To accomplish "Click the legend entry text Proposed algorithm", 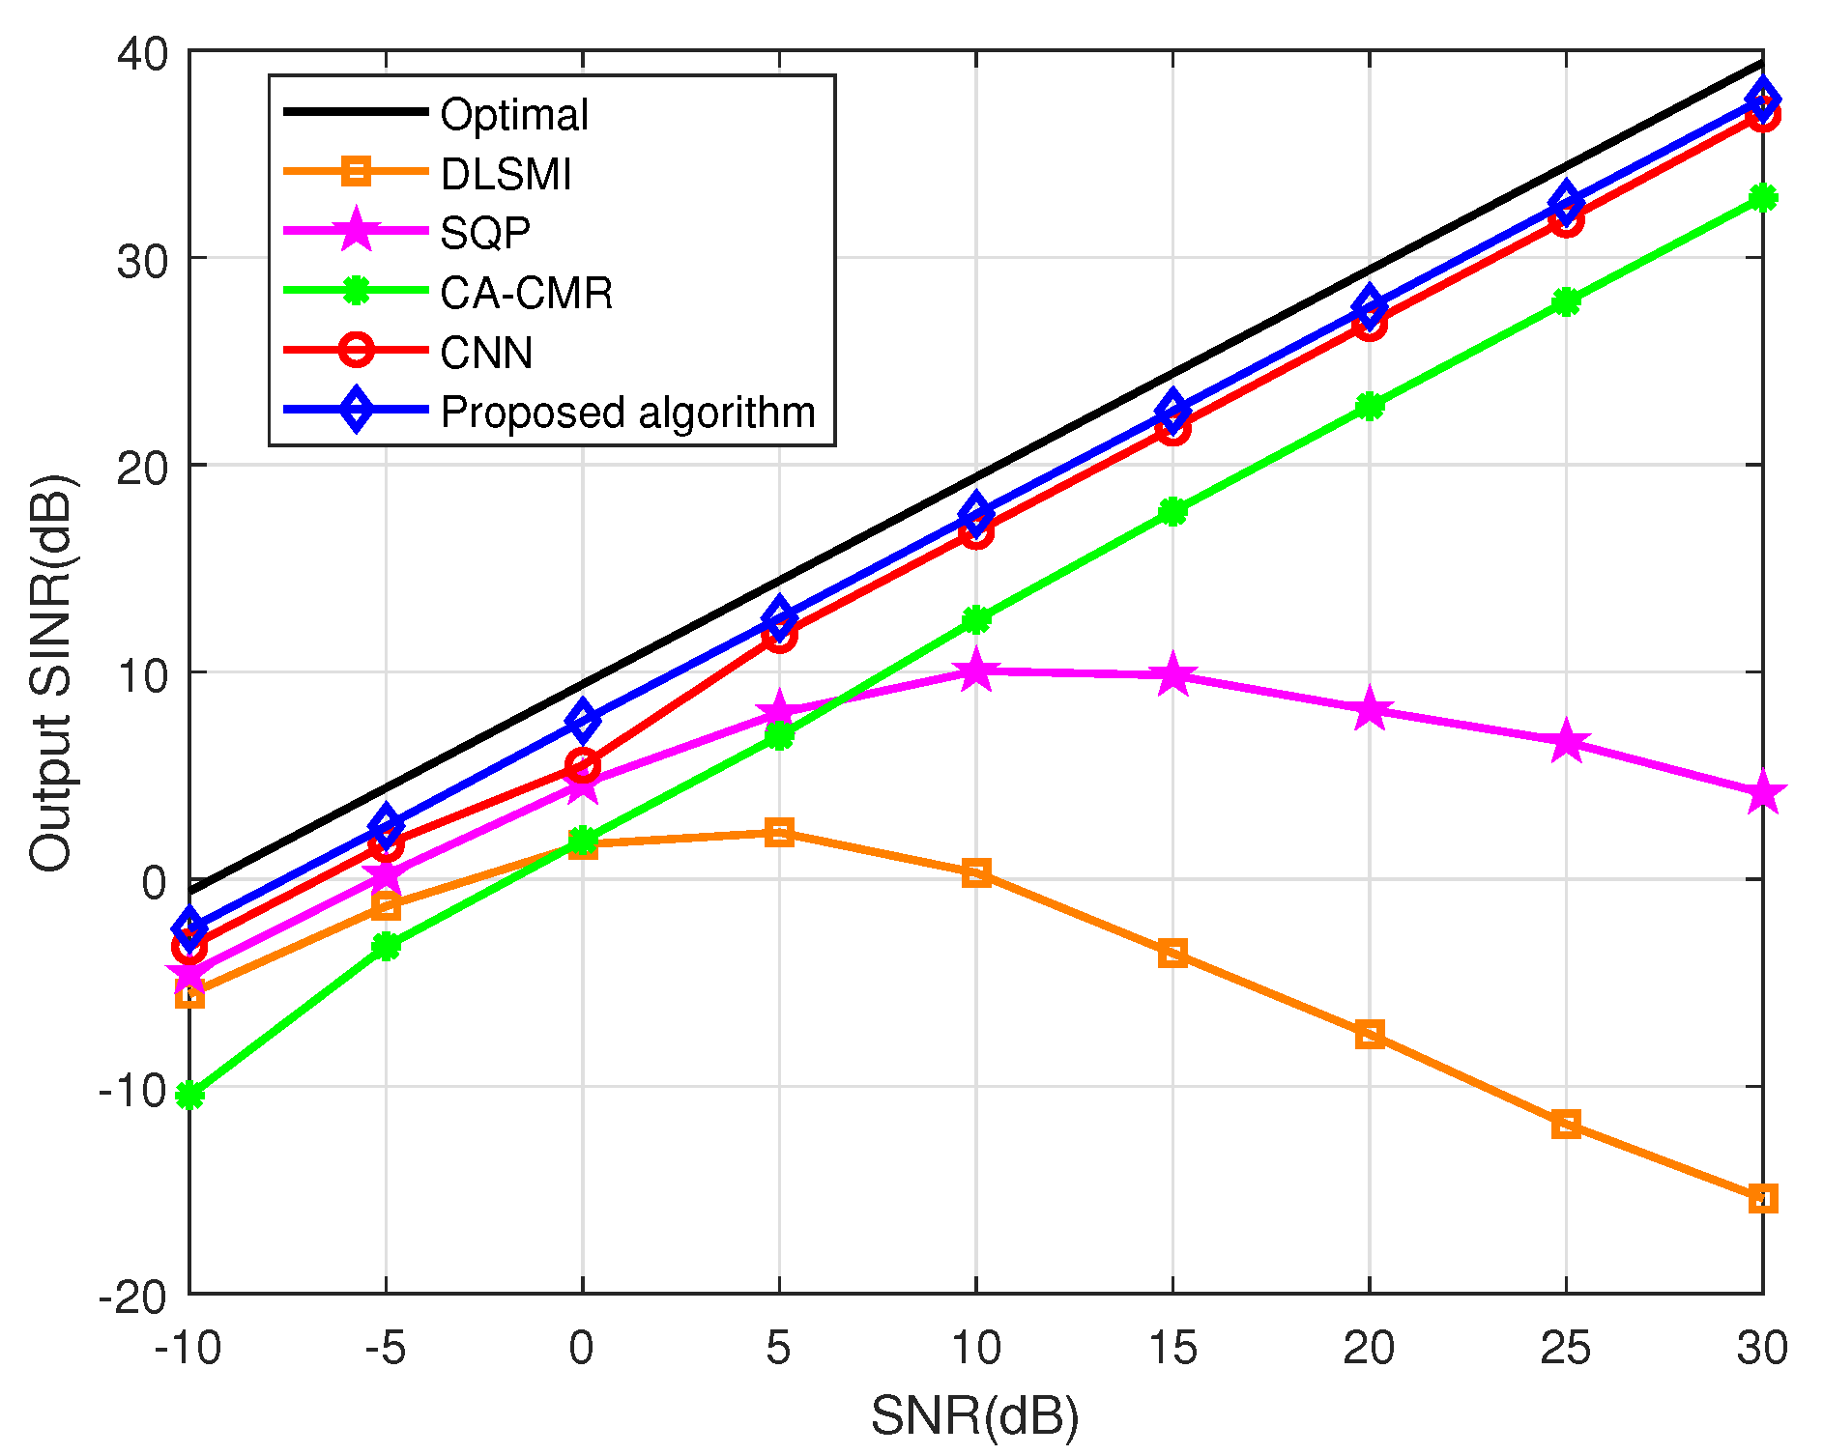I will (x=627, y=413).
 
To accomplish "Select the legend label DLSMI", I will (x=506, y=175).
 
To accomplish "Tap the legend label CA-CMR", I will (x=526, y=293).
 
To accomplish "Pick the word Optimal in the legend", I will (x=513, y=115).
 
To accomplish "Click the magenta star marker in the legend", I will (x=356, y=231).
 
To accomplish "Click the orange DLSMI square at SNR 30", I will (x=1762, y=1199).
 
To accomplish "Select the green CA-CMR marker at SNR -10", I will (x=190, y=1095).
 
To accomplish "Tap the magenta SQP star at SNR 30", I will (x=1762, y=793).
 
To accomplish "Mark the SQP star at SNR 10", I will (x=975, y=670).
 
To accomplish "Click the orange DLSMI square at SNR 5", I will (x=779, y=832).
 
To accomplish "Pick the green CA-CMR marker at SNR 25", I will (x=1565, y=302).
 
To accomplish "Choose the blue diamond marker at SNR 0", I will (x=582, y=720).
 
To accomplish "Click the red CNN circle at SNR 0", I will (x=582, y=765).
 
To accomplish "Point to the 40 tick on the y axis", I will (x=141, y=52).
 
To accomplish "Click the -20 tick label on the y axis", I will (x=132, y=1296).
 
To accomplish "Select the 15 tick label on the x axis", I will (x=1172, y=1348).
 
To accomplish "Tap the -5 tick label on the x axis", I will (x=385, y=1348).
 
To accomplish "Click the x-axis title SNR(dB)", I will (x=974, y=1416).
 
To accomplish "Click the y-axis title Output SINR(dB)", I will (x=50, y=672).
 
